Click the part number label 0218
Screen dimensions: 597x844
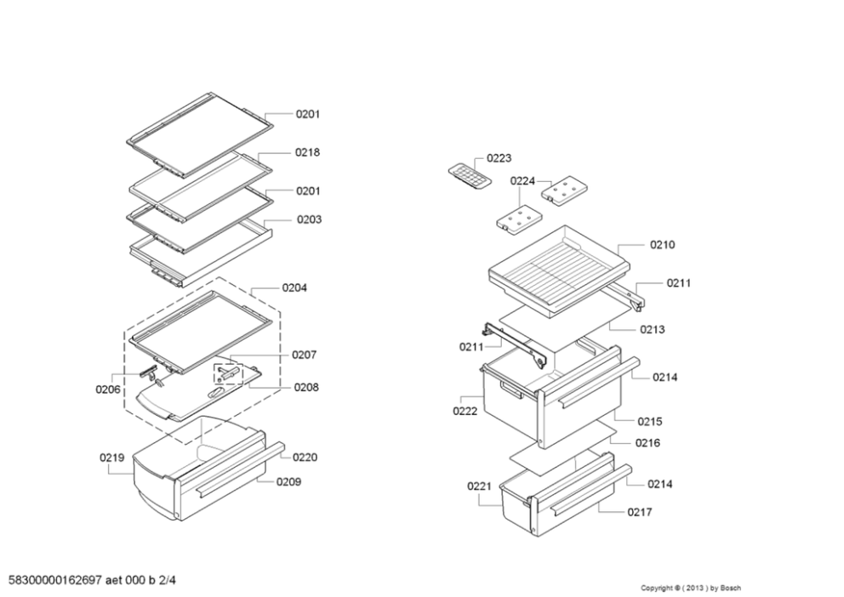coord(307,152)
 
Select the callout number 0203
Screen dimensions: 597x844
coord(309,219)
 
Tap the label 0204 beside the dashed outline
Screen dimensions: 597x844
coord(294,287)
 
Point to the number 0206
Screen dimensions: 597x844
coord(107,389)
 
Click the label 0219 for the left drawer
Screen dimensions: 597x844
coord(111,458)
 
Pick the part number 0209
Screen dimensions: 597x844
coord(288,481)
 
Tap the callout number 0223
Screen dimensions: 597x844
coord(499,158)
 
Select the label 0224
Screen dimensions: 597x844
coord(522,181)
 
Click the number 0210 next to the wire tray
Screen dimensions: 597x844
coord(662,245)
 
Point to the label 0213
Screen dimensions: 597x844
coord(653,329)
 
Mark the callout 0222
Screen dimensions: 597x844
coord(465,411)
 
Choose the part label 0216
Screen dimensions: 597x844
coord(647,442)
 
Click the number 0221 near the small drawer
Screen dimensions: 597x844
coord(479,486)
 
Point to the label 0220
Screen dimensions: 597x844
coord(305,457)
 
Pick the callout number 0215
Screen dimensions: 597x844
coord(650,421)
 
